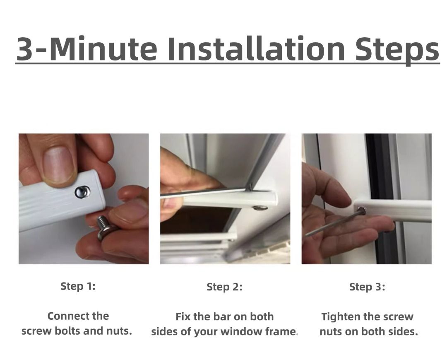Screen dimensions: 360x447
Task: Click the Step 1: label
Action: click(x=78, y=286)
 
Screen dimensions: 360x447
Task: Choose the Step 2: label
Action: click(x=224, y=287)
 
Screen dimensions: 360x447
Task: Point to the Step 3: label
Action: click(x=367, y=287)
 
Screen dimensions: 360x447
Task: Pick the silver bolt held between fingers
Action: click(x=105, y=228)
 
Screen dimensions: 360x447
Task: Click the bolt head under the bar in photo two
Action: click(x=258, y=206)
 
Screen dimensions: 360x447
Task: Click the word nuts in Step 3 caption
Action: click(x=331, y=332)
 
